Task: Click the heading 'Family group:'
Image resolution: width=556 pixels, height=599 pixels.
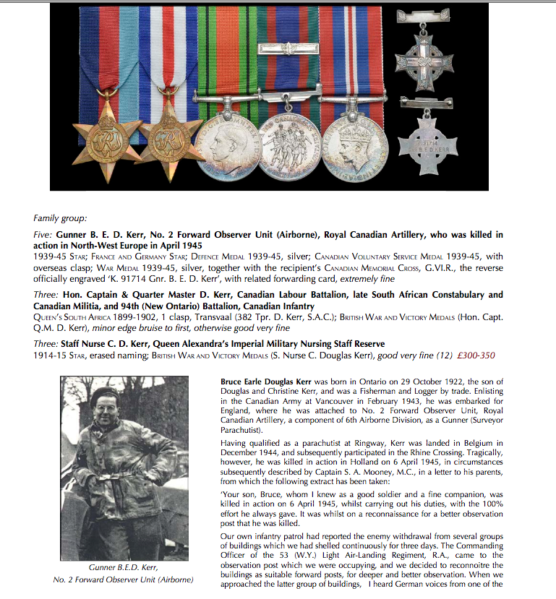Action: (x=60, y=217)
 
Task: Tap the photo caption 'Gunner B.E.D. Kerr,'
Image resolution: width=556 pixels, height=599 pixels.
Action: (x=124, y=567)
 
